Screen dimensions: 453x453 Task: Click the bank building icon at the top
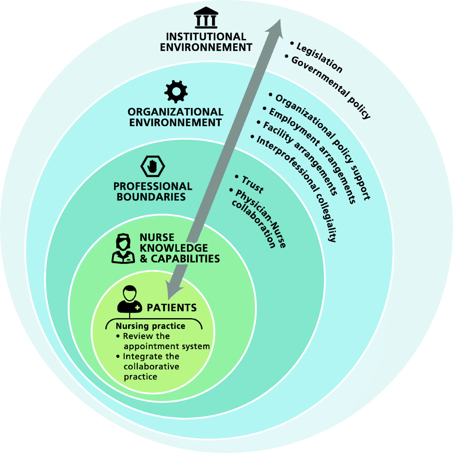coord(206,18)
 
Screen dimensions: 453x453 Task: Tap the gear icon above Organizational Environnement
coord(176,91)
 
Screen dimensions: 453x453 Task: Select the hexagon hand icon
coord(153,166)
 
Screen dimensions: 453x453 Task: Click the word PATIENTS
coord(172,308)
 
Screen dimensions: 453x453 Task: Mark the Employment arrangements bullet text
coord(312,155)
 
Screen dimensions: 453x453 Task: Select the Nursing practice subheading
coord(150,326)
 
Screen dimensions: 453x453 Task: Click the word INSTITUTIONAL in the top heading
coord(206,37)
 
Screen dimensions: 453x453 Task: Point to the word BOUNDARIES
coord(151,197)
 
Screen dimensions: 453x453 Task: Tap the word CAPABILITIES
coord(185,259)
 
